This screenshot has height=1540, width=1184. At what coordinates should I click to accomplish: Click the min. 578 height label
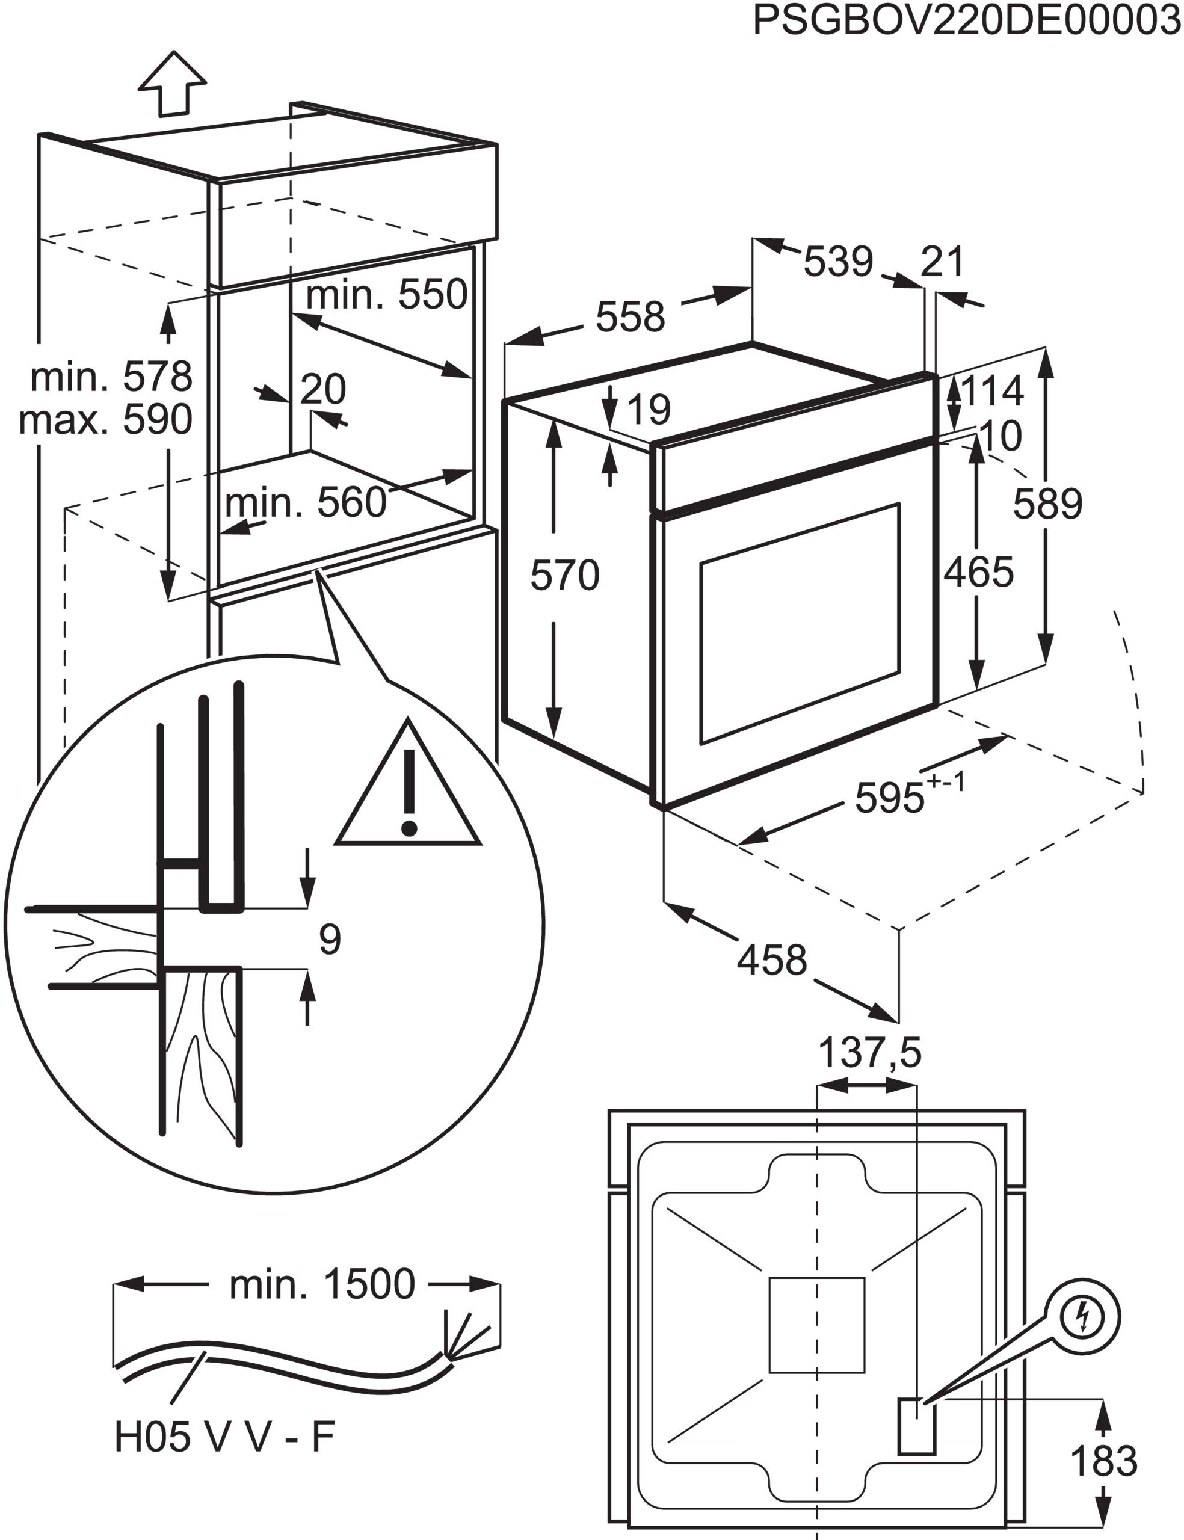click(x=111, y=377)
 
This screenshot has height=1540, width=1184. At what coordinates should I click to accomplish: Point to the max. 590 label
click(x=106, y=420)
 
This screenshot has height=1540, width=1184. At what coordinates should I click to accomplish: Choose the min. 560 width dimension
click(x=306, y=502)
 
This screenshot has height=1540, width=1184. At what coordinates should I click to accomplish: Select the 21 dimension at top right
click(x=942, y=262)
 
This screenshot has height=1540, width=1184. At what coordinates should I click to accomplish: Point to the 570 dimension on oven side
click(x=564, y=575)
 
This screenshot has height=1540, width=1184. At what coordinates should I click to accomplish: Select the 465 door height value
click(x=978, y=571)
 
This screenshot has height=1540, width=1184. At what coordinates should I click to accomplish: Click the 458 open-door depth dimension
click(x=772, y=959)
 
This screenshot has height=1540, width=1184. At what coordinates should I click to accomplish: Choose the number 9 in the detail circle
click(x=330, y=939)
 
